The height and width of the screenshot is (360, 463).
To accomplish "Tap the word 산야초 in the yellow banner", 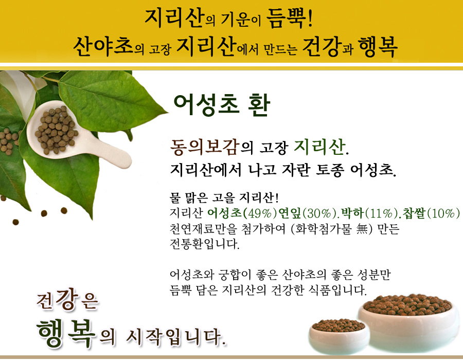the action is (x=103, y=47).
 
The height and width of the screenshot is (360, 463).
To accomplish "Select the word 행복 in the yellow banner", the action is (x=378, y=47).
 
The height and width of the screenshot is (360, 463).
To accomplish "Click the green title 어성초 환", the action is (x=222, y=105).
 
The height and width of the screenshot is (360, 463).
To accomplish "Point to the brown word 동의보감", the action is (x=205, y=147).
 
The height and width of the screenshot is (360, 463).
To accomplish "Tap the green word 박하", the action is (x=352, y=213).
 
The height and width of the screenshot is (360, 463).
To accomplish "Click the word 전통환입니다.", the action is (x=204, y=244).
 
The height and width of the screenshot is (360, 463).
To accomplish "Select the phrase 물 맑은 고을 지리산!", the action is (x=224, y=197).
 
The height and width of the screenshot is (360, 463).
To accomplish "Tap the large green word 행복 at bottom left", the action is (x=66, y=333).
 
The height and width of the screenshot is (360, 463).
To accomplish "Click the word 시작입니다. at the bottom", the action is (x=176, y=336).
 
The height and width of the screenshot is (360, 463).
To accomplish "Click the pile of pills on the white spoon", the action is (x=56, y=130).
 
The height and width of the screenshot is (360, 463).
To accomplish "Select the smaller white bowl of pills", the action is (x=339, y=336).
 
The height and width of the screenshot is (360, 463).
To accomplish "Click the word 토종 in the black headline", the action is (x=330, y=170).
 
